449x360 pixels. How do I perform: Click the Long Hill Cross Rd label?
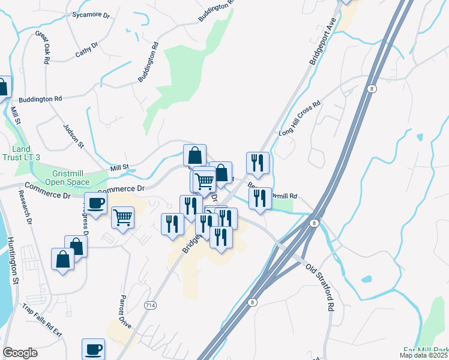[x=300, y=118]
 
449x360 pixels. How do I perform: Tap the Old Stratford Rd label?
[x=319, y=287]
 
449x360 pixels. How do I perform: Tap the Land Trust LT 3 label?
[x=26, y=153]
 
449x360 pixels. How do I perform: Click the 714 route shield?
[x=151, y=305]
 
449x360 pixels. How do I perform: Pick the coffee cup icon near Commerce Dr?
[x=95, y=203]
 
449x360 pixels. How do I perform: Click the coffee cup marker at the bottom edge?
[x=93, y=349]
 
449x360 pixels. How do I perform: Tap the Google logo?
[x=20, y=353]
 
